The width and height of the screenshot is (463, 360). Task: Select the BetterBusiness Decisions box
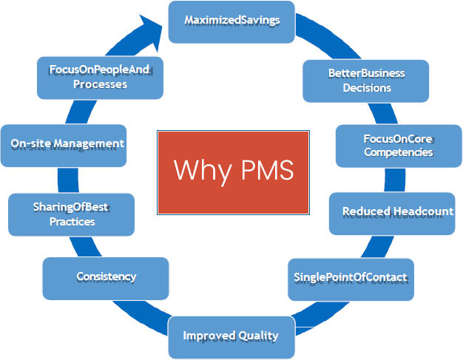[x=366, y=80]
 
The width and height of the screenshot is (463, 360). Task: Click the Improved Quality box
[x=231, y=336]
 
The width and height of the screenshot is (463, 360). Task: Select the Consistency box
[x=106, y=277]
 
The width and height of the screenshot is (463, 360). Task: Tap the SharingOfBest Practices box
[x=72, y=214]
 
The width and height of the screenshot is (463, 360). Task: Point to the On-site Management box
[x=67, y=144]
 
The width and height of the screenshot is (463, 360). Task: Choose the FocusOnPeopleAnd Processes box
[x=100, y=78]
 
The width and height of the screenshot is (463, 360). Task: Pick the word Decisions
[x=366, y=87]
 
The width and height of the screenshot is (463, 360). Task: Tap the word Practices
[x=72, y=221]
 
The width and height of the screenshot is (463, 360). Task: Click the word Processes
[x=100, y=84]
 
